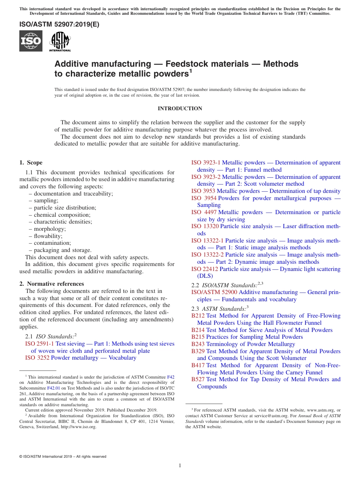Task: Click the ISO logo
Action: coord(31,41)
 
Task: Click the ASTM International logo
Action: coord(60,41)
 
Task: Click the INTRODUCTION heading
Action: coord(180,109)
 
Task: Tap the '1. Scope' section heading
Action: coord(31,163)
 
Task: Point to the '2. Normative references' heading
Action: coord(52,284)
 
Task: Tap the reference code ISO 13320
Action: coord(205,226)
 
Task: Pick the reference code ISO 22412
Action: coord(205,269)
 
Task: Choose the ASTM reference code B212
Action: coord(198,316)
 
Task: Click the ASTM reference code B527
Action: coord(198,379)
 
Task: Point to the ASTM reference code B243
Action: coord(198,344)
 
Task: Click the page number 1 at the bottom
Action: coord(180,465)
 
